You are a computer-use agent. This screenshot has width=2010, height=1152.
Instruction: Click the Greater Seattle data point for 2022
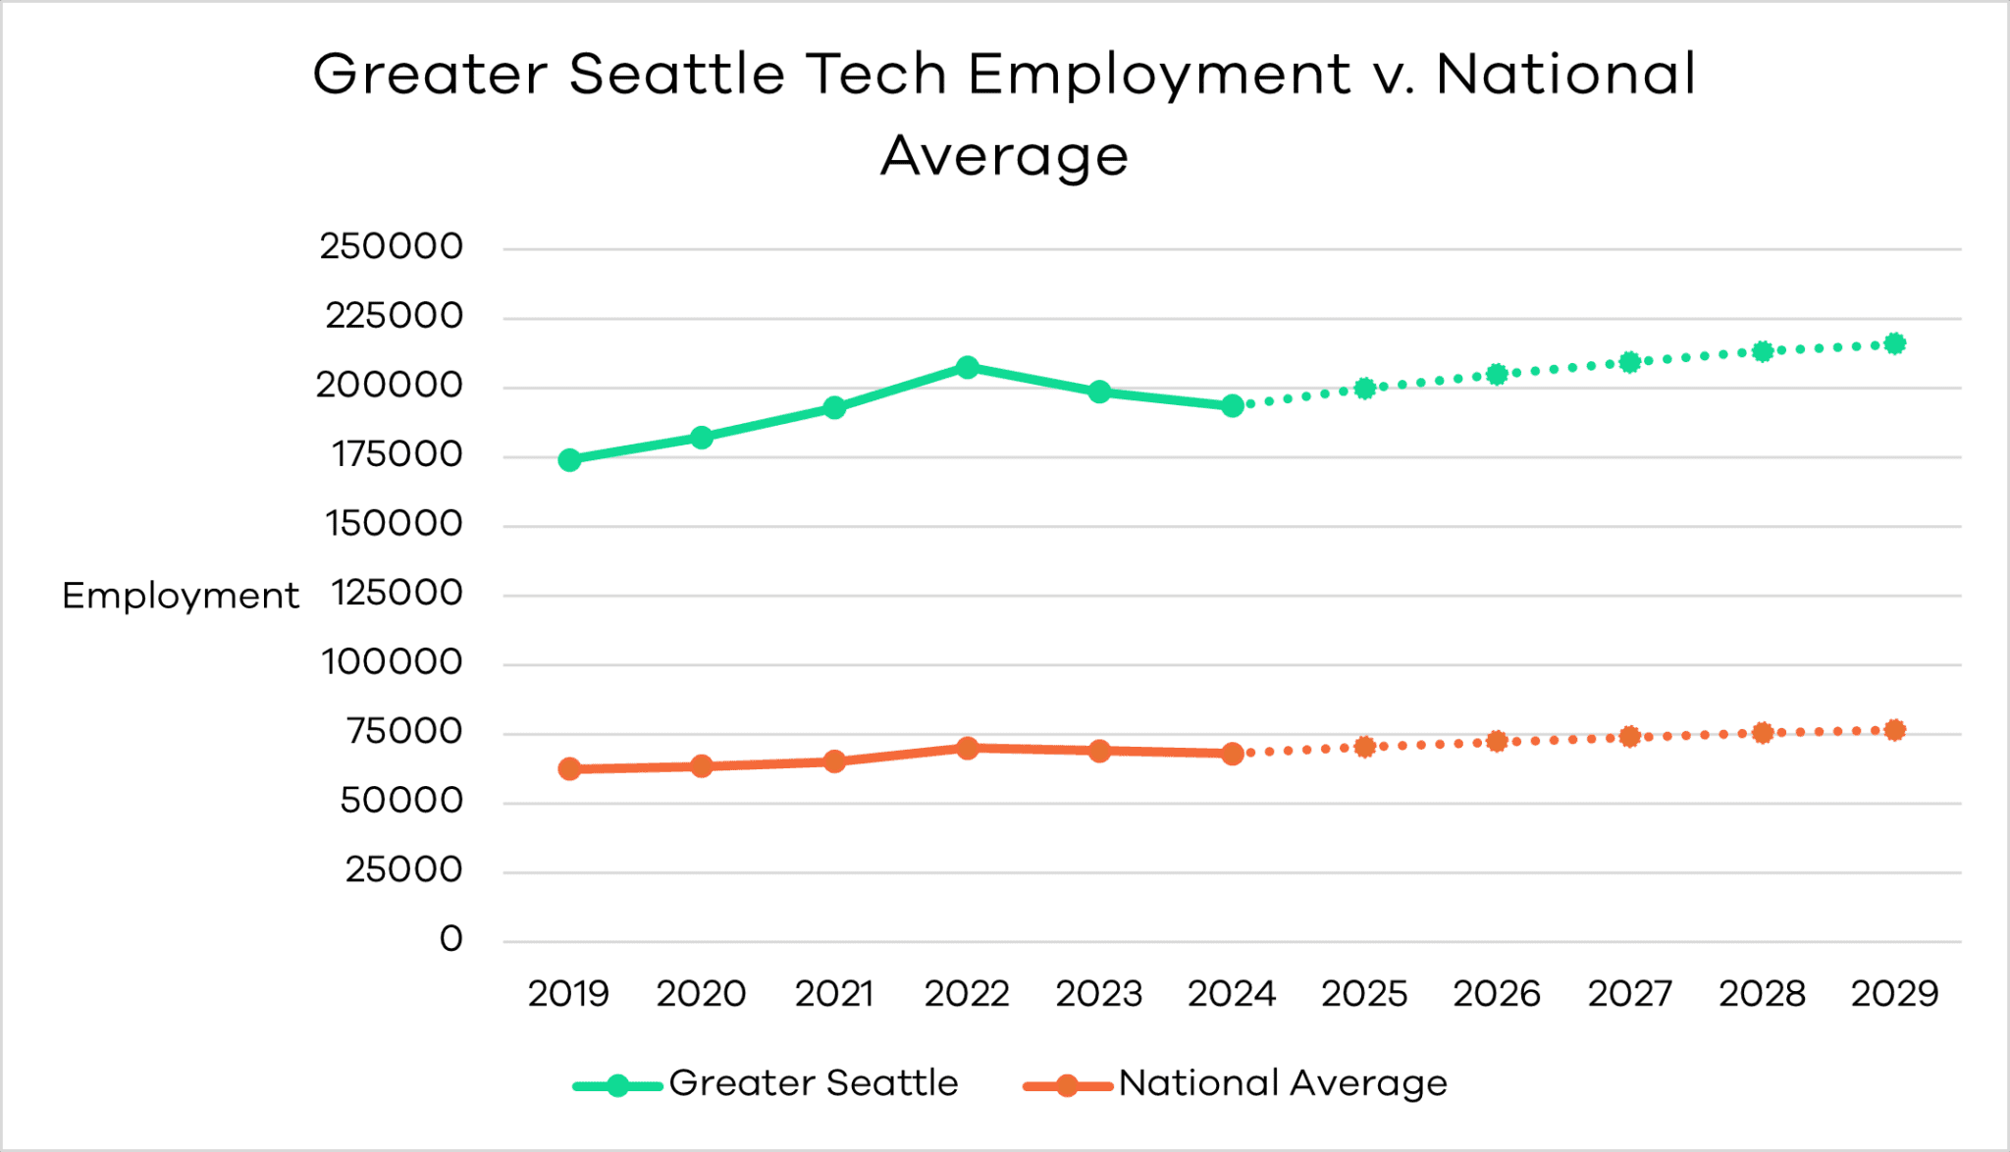tap(967, 367)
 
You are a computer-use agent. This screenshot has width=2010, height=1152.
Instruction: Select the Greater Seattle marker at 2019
tap(569, 460)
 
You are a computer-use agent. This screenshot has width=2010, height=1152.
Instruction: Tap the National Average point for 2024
tap(1233, 754)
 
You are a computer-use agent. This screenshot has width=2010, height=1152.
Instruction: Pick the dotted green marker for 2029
tap(1895, 343)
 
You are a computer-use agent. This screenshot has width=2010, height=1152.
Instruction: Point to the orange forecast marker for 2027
tap(1630, 736)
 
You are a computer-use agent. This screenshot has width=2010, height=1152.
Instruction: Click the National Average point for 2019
tap(569, 768)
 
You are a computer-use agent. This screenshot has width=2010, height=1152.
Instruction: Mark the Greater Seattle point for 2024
tap(1233, 405)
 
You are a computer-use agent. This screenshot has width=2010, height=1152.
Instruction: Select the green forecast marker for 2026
tap(1497, 374)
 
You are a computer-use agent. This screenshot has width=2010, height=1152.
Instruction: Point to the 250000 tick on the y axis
tap(391, 246)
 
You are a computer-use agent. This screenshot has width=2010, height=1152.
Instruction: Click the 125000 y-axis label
tap(397, 593)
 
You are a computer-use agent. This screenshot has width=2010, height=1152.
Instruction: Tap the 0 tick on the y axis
tap(450, 939)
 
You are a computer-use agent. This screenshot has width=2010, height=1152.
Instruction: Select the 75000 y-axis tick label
tap(403, 731)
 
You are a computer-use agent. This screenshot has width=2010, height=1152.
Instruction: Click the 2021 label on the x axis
tap(834, 994)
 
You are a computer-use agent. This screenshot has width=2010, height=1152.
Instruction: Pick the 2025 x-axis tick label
tap(1364, 994)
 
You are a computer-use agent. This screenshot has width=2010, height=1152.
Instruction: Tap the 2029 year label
tap(1895, 994)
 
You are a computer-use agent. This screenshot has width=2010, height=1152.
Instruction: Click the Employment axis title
tap(181, 596)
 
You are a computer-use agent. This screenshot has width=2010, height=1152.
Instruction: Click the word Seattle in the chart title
tap(677, 74)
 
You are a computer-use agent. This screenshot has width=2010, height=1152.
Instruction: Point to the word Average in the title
tap(1004, 155)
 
